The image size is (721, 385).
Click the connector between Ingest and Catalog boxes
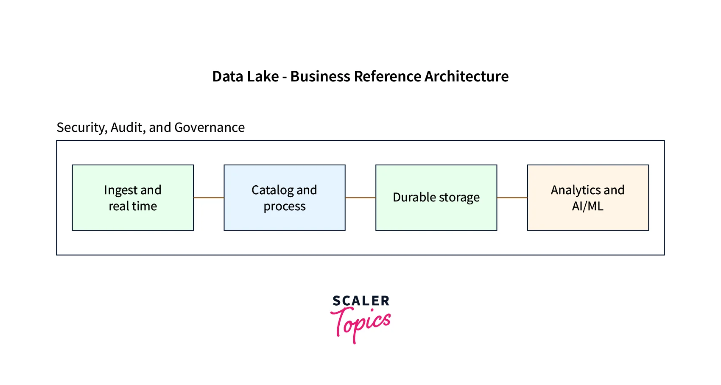click(209, 198)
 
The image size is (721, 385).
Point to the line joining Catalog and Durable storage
click(360, 198)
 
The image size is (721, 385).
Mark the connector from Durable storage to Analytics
click(512, 198)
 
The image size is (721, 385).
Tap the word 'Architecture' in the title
click(466, 77)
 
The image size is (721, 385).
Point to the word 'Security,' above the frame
click(82, 128)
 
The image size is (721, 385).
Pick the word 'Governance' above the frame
click(210, 128)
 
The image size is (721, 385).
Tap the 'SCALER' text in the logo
click(361, 301)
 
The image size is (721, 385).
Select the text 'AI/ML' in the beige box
click(587, 206)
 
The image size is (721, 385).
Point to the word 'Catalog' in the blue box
click(272, 190)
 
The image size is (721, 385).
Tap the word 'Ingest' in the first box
click(120, 190)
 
